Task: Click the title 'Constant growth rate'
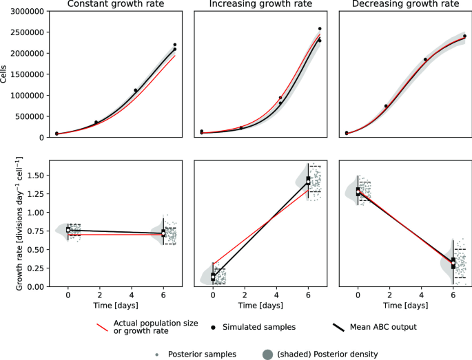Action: point(115,6)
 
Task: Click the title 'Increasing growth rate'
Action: point(260,6)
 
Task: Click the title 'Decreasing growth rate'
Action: point(404,6)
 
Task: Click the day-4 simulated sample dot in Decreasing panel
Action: point(426,59)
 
